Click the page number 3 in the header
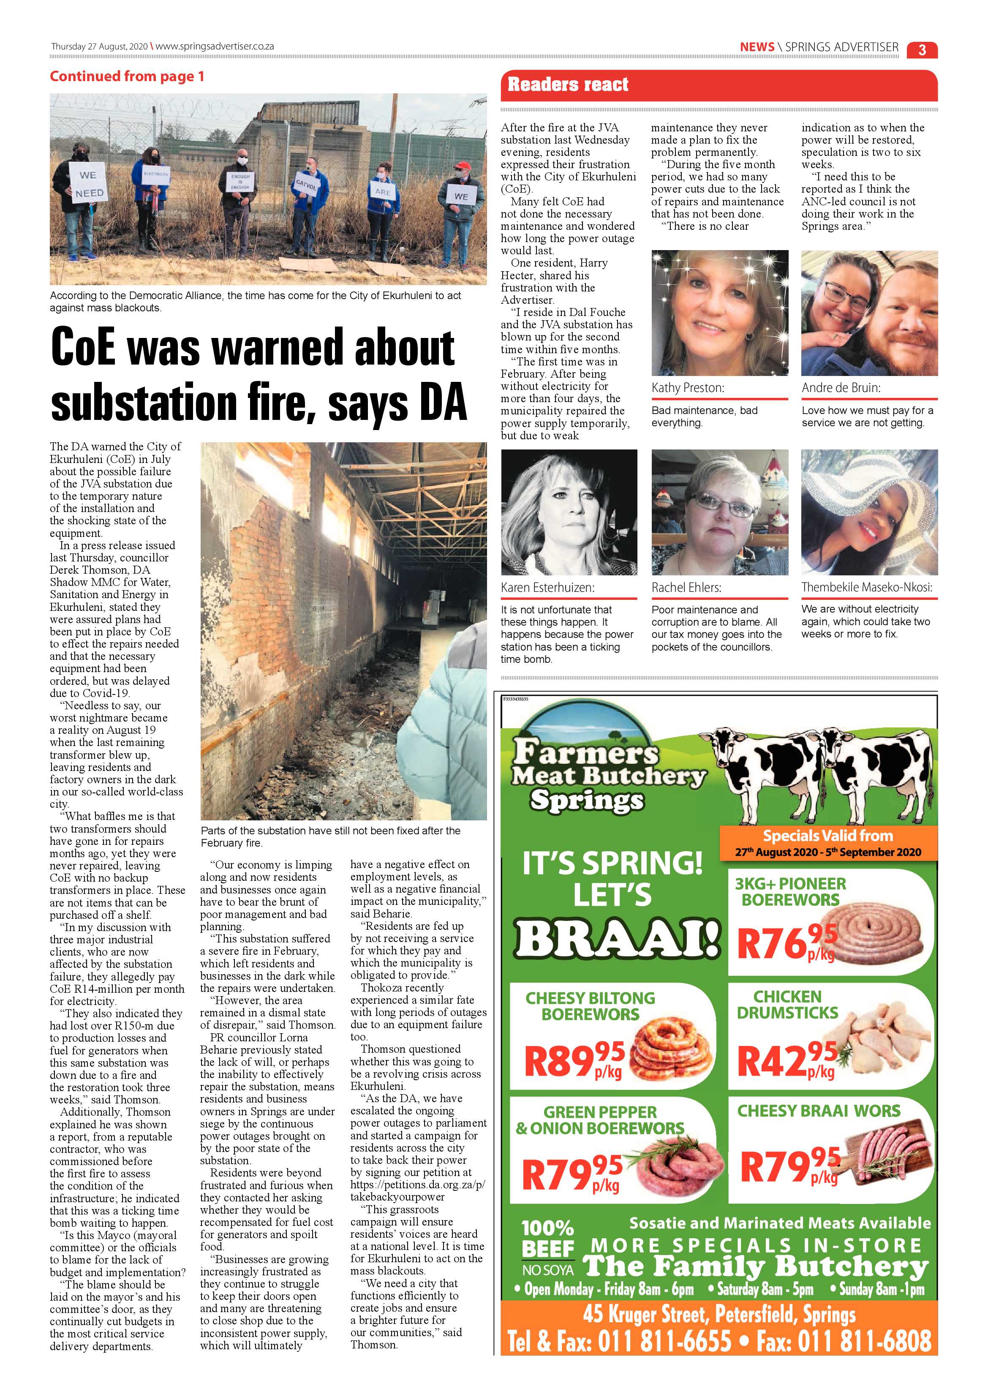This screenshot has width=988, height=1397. (x=922, y=49)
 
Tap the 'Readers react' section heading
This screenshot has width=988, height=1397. (x=568, y=84)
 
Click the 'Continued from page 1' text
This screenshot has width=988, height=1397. (x=127, y=76)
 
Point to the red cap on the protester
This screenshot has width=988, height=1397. (x=463, y=166)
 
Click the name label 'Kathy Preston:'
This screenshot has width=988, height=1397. (x=688, y=387)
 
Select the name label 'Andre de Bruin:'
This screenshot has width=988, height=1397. (x=841, y=387)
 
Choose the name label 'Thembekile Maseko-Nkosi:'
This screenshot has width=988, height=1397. (x=866, y=587)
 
